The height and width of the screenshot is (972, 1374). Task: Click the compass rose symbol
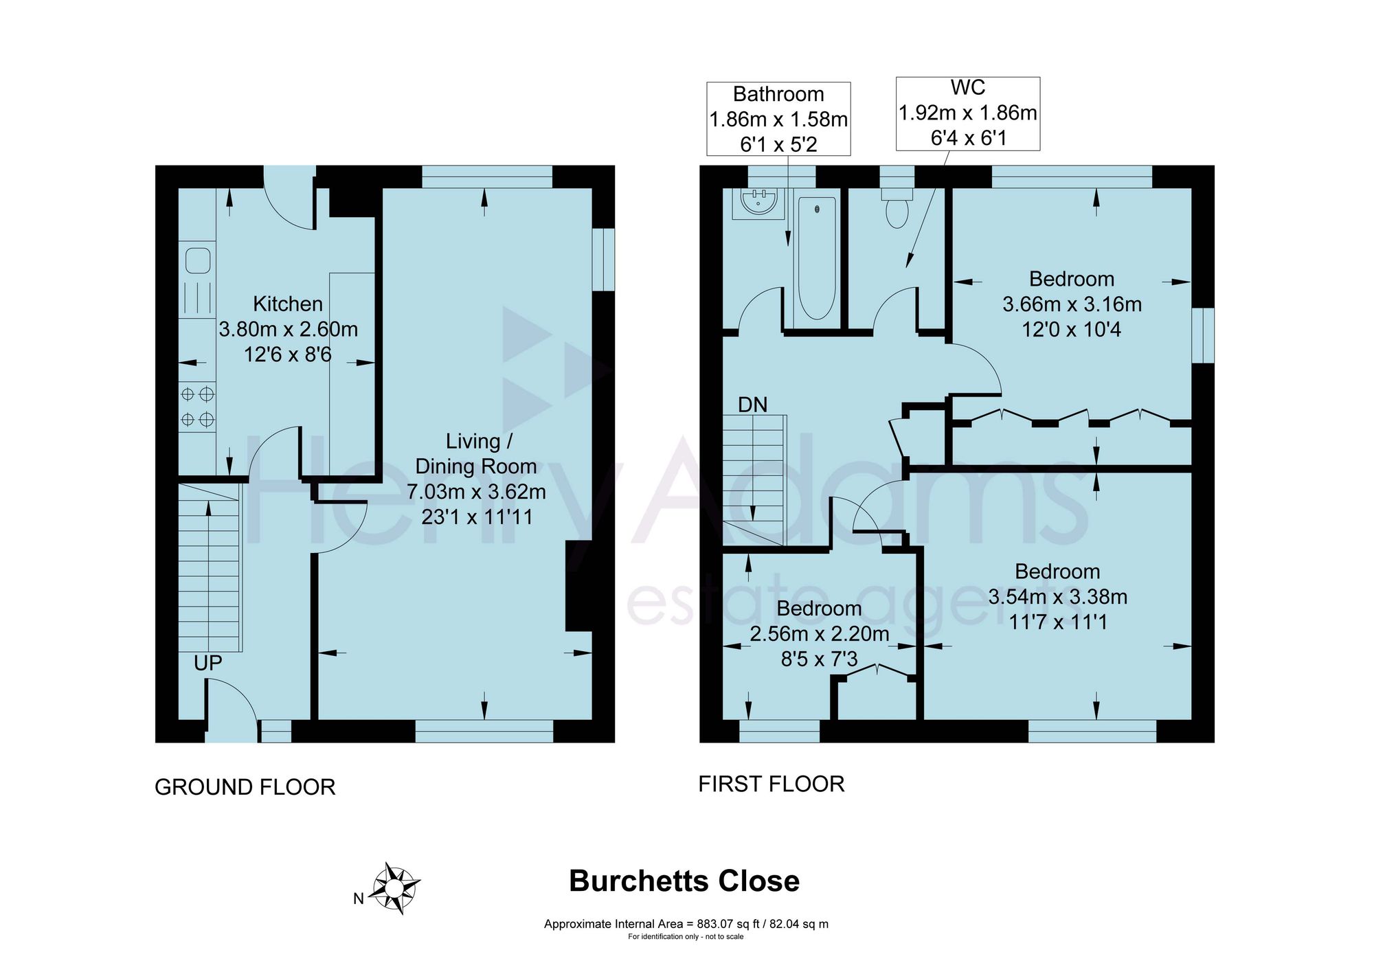point(394,888)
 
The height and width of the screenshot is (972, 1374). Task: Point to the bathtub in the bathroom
point(817,258)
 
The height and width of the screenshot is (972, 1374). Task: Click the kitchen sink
point(197,261)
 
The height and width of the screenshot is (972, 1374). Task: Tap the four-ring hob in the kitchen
point(197,406)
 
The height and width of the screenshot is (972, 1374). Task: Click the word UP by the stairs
point(207,663)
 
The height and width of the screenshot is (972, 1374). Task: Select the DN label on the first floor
point(752,405)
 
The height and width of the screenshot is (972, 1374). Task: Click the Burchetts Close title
point(684,881)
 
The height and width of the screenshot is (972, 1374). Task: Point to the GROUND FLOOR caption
point(245,787)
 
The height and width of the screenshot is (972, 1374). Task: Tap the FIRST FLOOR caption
point(772,784)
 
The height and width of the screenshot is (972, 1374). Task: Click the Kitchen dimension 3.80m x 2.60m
point(289,329)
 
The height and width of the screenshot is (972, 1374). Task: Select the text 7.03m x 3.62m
point(476,492)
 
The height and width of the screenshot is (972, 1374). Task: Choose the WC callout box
point(968,113)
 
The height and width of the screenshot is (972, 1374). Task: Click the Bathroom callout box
point(778,119)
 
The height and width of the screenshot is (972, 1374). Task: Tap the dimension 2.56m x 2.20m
point(820,633)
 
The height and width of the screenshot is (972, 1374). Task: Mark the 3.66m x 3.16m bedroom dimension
point(1072,304)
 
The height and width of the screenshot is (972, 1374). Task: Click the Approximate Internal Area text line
point(686,924)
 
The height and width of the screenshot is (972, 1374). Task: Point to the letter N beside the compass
point(358,898)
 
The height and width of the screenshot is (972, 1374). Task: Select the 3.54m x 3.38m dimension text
point(1058,596)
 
